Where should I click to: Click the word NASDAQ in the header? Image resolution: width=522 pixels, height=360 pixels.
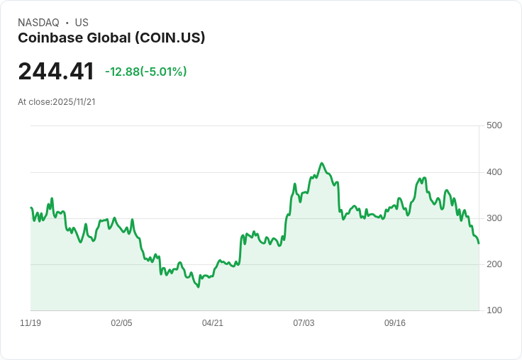(x=38, y=23)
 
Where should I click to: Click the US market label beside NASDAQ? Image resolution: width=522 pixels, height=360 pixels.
(x=82, y=23)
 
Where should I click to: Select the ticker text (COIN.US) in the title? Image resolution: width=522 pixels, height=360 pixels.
(x=170, y=38)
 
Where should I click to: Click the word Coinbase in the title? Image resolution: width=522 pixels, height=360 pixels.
(x=48, y=38)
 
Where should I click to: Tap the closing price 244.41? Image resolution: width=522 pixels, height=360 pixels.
(x=56, y=72)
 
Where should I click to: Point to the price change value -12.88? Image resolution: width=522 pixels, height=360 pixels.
(x=122, y=72)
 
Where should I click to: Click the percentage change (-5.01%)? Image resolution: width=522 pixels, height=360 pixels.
(x=164, y=72)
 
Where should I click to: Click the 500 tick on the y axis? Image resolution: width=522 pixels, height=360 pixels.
(x=494, y=125)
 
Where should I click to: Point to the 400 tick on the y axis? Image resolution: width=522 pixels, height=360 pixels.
(x=494, y=172)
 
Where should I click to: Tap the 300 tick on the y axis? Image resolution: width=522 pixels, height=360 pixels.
(x=494, y=218)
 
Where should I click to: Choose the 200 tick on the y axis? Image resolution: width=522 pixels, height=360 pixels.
(x=494, y=264)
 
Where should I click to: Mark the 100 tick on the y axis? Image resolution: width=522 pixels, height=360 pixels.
(x=494, y=310)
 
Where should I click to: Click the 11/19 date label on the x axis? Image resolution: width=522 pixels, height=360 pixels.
(x=30, y=323)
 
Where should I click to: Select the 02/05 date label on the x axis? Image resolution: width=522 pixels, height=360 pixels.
(x=121, y=323)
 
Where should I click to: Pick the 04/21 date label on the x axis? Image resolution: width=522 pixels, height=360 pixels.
(x=213, y=323)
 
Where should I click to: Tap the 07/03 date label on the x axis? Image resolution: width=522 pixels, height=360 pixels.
(x=304, y=323)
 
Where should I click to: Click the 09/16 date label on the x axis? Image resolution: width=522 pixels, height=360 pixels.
(x=395, y=323)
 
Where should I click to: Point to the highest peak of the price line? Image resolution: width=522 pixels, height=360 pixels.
(x=322, y=163)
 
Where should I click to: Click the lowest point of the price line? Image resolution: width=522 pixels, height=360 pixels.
(x=199, y=287)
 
